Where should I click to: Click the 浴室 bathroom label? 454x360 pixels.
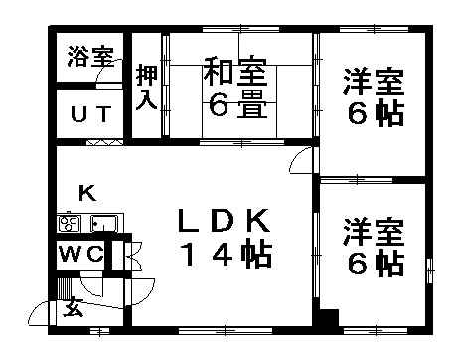click(x=89, y=57)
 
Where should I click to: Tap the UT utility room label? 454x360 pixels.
click(x=89, y=113)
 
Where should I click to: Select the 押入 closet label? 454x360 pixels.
click(x=145, y=88)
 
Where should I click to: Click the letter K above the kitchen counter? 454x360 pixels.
click(x=86, y=193)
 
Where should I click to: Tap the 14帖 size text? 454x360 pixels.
click(x=225, y=255)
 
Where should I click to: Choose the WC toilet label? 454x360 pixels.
click(x=78, y=254)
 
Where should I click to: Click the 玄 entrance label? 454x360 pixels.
click(x=76, y=309)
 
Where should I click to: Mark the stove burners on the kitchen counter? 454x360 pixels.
click(x=71, y=223)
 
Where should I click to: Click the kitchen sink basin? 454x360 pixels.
click(x=103, y=223)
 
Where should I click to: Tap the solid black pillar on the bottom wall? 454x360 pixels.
click(x=324, y=320)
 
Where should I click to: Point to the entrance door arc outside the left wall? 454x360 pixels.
click(x=40, y=312)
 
